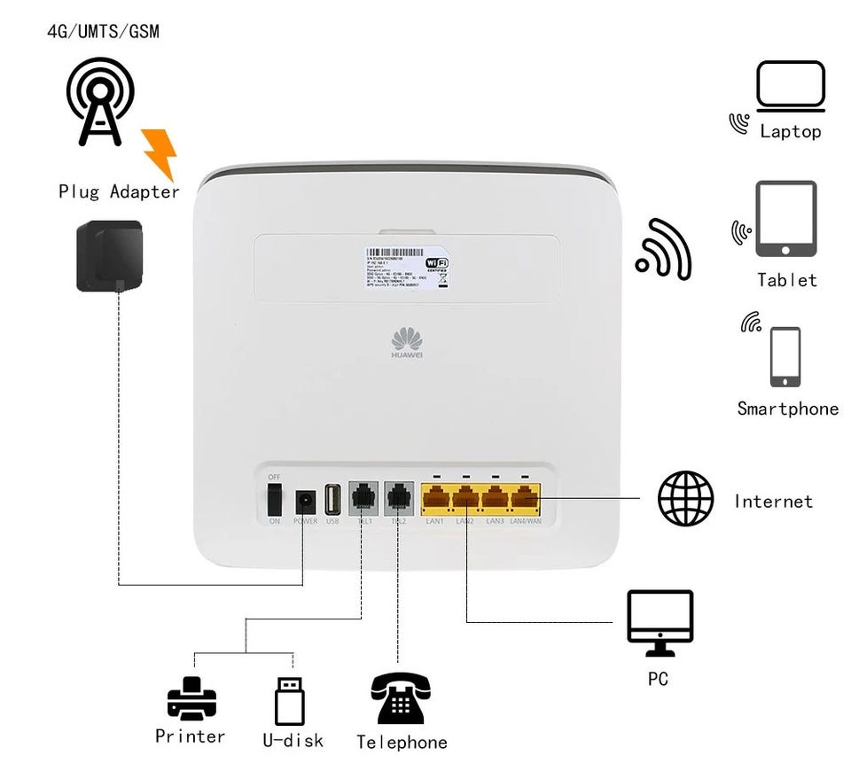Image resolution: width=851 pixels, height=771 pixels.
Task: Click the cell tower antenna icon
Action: tap(100, 101)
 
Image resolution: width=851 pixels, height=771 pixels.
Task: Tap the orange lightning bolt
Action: tap(160, 153)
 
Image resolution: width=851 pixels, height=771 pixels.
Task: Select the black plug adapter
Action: tap(109, 255)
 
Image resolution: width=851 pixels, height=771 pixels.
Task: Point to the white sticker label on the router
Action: tap(407, 265)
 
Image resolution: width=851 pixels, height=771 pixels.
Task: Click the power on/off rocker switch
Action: tap(275, 500)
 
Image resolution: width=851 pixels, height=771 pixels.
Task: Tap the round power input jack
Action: tap(305, 501)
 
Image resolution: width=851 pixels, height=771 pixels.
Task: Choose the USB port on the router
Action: tap(333, 501)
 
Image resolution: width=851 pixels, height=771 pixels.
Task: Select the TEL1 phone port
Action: tap(363, 498)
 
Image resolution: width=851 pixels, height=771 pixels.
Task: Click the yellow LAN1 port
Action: tap(435, 500)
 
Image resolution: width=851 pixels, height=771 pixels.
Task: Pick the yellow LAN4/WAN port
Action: tap(526, 500)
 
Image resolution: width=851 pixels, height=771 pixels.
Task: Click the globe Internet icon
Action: tap(685, 499)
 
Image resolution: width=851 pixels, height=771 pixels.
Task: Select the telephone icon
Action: tap(401, 699)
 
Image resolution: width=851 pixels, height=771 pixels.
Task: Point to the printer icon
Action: tap(191, 699)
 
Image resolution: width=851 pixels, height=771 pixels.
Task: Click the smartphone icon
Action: tap(785, 357)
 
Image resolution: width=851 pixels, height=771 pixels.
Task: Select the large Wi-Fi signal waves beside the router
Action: tap(664, 250)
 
